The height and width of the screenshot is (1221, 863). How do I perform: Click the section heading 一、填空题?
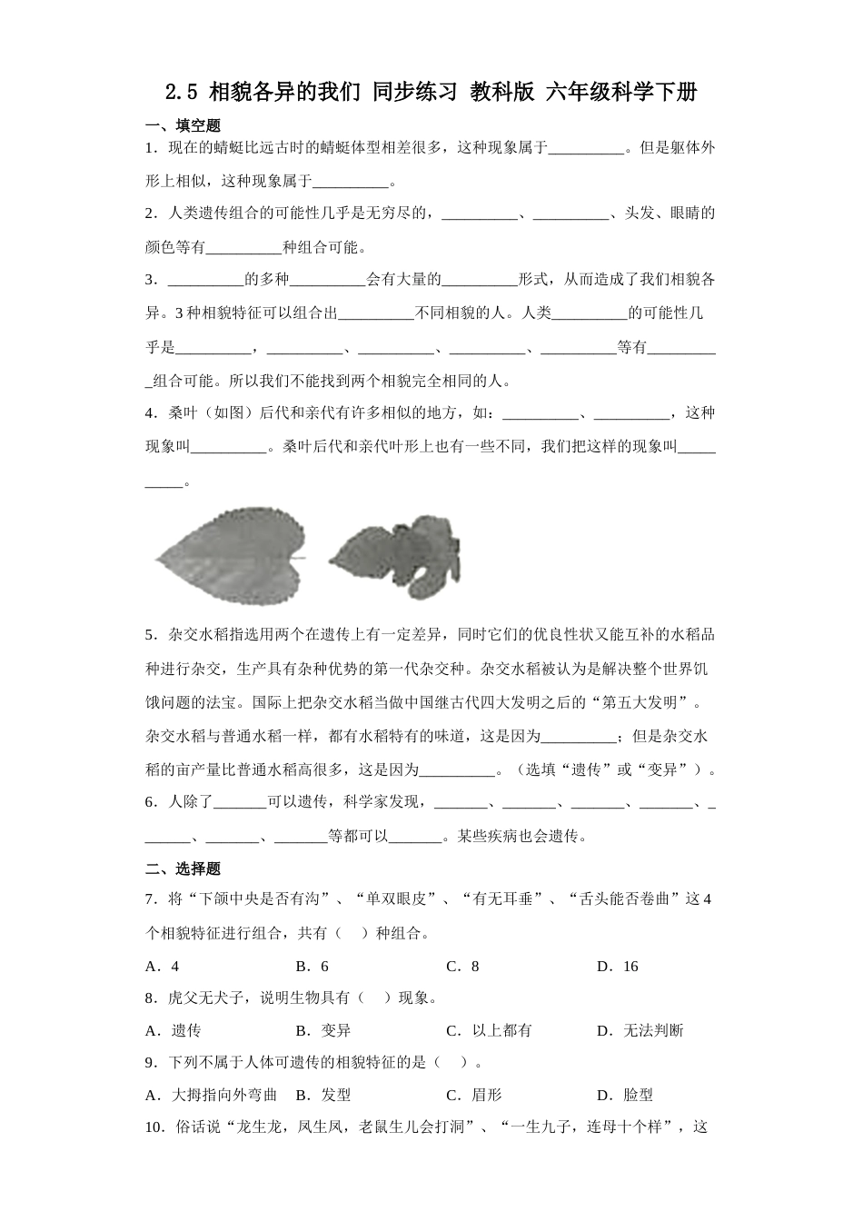(183, 126)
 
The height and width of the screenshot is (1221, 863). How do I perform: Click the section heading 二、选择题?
(183, 869)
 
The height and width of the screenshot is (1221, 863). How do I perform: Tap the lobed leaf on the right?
(394, 557)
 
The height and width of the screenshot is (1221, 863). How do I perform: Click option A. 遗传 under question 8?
(174, 1030)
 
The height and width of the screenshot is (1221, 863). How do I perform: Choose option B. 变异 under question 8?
(323, 1030)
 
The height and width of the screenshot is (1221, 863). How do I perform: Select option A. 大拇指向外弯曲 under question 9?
(211, 1095)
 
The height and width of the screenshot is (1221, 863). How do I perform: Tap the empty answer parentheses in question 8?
(374, 998)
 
